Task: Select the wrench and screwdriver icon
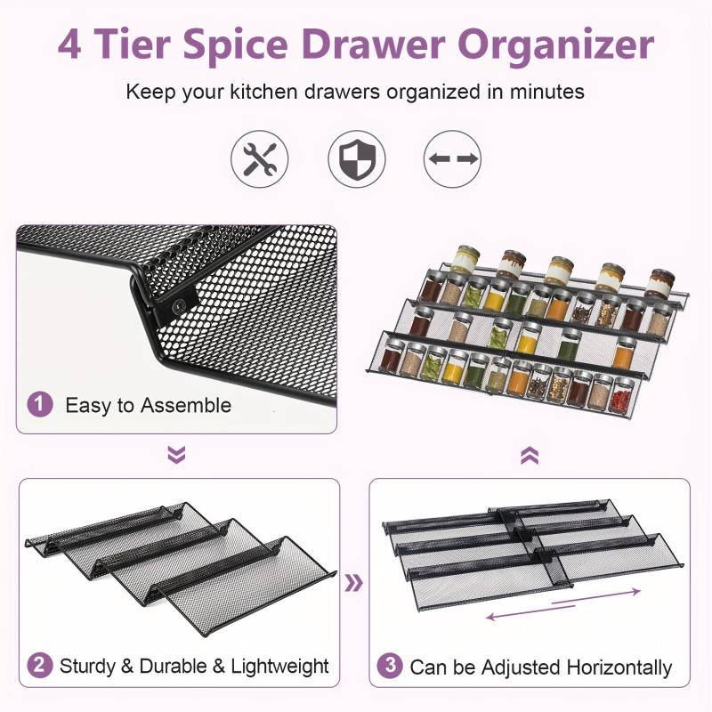tap(260, 158)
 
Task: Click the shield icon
tap(356, 158)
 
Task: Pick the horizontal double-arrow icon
tap(453, 158)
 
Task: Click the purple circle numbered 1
tap(39, 405)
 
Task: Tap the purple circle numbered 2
tap(39, 665)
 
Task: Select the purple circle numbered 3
tap(390, 667)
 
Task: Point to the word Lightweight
tap(275, 666)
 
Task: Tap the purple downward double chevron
tap(176, 456)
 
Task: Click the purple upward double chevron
tap(530, 456)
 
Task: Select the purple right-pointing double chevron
tap(354, 583)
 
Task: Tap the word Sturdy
tap(87, 666)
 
